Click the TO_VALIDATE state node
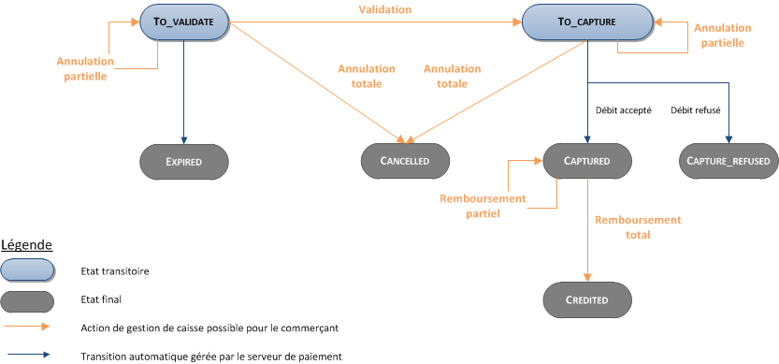coord(184,22)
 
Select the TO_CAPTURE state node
coord(587,22)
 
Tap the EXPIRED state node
coord(184,161)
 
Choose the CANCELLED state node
coord(406,161)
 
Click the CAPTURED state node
coord(587,161)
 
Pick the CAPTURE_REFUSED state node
coord(728,161)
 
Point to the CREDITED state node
coord(587,300)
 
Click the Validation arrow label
coord(383,9)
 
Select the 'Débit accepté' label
coord(624,109)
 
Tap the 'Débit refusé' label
coord(696,109)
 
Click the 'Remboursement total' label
coord(638,227)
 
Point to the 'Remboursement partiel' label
coord(483,206)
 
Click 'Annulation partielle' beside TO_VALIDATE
coord(85,69)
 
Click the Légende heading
coord(26,244)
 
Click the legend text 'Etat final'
coord(101,299)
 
